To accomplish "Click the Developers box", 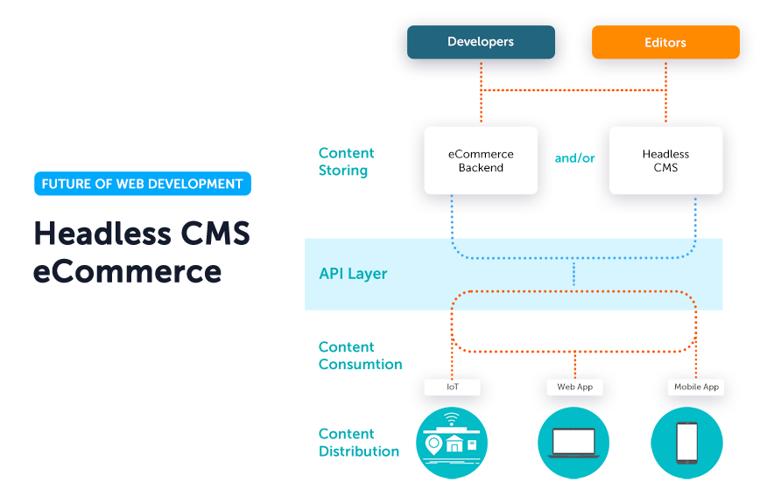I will click(481, 42).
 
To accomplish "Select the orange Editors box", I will click(665, 42).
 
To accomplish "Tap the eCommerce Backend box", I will click(481, 160).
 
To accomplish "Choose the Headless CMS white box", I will click(665, 160).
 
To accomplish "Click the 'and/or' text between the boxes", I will click(574, 158).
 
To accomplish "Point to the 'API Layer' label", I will click(353, 274).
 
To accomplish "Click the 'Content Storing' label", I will click(346, 162).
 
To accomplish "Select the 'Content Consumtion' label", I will click(360, 356).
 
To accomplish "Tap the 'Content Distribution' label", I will click(359, 443).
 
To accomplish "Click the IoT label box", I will click(452, 387).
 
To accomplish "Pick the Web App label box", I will click(574, 387).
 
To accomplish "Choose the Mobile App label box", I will click(696, 387).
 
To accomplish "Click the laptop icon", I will click(574, 443).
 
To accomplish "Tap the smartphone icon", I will click(686, 443).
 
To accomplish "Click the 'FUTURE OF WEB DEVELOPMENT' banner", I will click(142, 184).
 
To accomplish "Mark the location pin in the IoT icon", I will click(433, 444).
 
